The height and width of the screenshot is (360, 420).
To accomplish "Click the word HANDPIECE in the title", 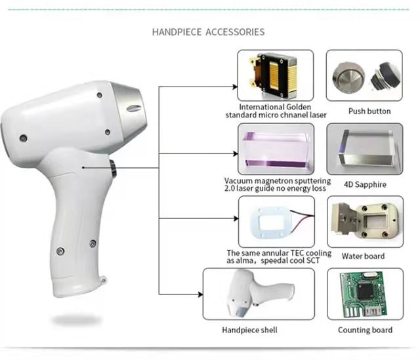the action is tap(177, 32).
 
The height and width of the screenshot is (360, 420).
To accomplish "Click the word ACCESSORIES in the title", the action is tap(235, 32).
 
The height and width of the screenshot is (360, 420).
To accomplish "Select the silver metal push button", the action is tap(348, 77).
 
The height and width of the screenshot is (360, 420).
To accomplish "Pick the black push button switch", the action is tap(385, 76).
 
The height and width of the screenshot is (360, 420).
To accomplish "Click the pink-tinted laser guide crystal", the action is tap(276, 149).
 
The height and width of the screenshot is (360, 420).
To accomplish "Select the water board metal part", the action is tap(365, 220).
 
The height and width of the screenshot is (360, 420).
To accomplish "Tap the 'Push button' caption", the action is tap(369, 111).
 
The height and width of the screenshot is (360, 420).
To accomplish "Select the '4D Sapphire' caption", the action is tap(365, 184).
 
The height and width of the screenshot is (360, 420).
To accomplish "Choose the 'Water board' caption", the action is tap(363, 256).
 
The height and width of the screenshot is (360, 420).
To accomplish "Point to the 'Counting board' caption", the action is tap(365, 330).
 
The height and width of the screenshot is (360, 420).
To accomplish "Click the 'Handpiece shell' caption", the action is tap(249, 330).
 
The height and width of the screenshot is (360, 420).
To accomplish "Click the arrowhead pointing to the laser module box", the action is tap(235, 87).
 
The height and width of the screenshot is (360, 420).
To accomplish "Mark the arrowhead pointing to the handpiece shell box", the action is tap(200, 294).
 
